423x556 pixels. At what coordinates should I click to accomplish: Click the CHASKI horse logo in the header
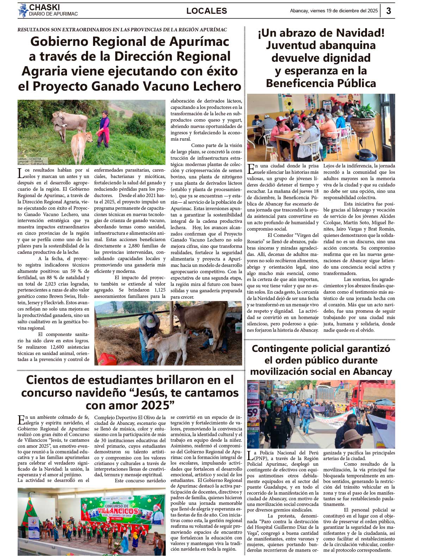click(x=23, y=11)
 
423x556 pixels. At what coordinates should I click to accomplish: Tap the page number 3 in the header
click(x=388, y=11)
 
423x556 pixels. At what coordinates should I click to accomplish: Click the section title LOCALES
click(x=207, y=11)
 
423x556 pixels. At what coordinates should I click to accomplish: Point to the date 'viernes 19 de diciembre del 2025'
click(x=344, y=11)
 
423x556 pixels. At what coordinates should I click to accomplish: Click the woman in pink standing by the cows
click(x=104, y=129)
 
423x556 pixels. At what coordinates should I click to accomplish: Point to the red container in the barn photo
click(x=107, y=359)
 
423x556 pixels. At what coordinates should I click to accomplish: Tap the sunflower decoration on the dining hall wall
click(x=288, y=103)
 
